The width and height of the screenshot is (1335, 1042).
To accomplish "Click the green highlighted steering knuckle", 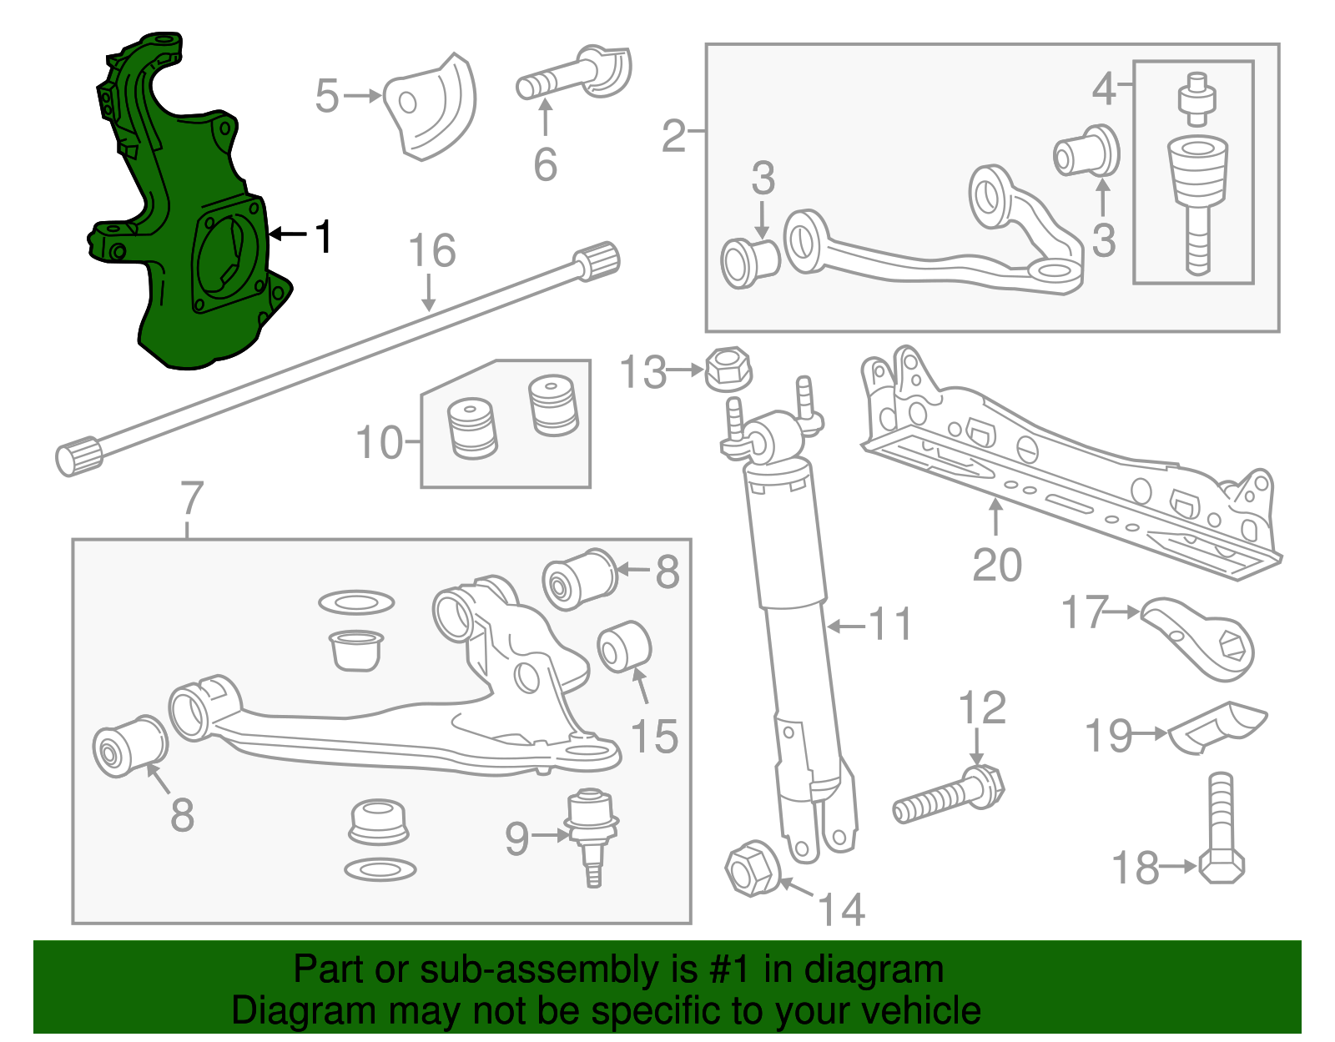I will [184, 234].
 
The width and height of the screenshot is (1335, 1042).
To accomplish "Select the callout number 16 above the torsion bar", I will [432, 251].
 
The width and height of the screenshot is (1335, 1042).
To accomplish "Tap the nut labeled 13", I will [728, 370].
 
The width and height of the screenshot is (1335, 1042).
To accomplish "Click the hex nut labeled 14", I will [752, 869].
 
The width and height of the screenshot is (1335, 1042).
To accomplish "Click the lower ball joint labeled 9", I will [591, 830].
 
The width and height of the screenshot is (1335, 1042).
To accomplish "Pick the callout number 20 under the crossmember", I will [997, 565].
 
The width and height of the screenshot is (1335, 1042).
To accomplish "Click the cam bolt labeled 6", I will [576, 75].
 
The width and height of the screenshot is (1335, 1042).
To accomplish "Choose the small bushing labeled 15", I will [624, 646].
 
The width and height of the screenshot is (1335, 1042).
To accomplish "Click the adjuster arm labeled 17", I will [1201, 638].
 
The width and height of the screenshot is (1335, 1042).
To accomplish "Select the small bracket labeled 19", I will [1218, 726].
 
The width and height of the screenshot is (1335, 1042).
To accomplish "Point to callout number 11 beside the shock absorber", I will [890, 624].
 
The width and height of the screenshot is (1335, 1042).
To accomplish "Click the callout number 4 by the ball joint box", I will [1104, 88].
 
